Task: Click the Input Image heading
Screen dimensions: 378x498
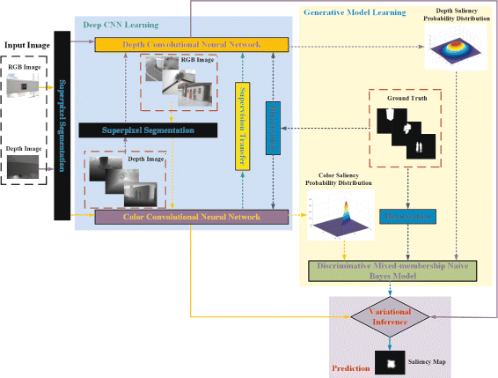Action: [x=26, y=43]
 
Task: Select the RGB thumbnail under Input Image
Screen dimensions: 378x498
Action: [x=26, y=85]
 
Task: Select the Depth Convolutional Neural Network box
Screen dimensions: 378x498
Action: [x=191, y=44]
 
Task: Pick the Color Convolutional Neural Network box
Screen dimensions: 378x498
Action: [x=192, y=216]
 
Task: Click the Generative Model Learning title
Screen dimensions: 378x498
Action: [x=354, y=13]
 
